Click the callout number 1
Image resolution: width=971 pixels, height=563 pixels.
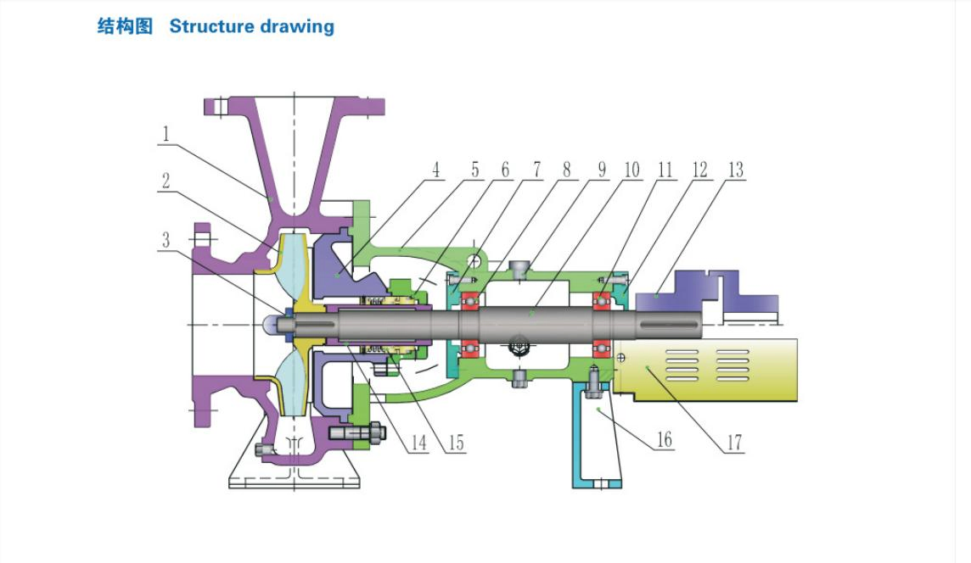click(166, 133)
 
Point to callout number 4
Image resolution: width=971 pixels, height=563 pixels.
click(435, 170)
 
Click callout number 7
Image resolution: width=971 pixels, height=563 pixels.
click(536, 170)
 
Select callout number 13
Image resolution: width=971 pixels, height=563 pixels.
click(734, 170)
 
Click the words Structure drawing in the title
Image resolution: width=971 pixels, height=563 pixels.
click(251, 26)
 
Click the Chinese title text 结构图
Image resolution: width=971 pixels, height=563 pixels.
click(125, 26)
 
